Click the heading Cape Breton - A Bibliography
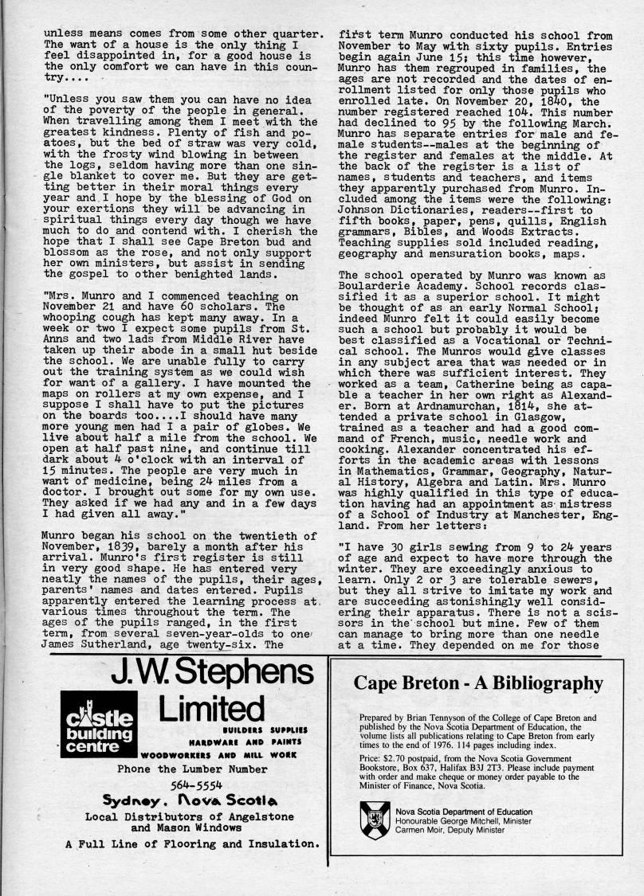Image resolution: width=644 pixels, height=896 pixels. (478, 683)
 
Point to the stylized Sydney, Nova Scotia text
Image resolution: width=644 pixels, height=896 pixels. (188, 801)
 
